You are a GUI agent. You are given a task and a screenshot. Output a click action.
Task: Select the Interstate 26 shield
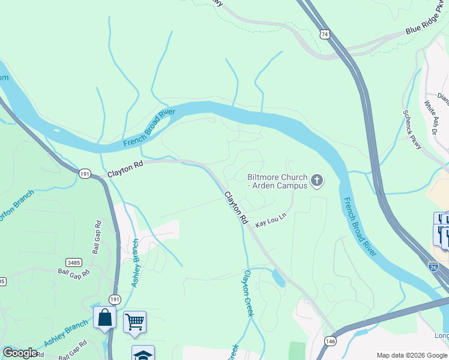(433, 265)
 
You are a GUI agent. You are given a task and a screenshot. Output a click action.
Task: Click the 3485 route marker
(74, 262)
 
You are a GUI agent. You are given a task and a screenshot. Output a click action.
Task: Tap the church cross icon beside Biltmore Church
(317, 180)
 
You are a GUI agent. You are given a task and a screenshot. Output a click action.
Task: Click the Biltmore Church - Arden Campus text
(277, 181)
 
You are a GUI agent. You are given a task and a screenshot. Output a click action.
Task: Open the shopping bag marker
(104, 318)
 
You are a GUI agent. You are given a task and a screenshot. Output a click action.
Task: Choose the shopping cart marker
(134, 322)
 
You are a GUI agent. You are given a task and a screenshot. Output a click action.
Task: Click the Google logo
(20, 353)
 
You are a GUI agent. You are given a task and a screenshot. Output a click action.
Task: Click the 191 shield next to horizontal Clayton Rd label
(84, 173)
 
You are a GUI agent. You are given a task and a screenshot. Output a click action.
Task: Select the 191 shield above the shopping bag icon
(114, 299)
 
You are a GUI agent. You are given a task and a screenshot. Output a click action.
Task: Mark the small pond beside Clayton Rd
(277, 278)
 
